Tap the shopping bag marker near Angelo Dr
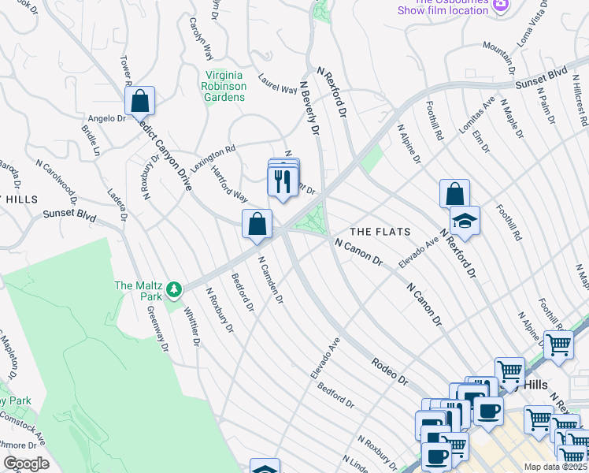tap(139, 101)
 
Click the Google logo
tap(25, 464)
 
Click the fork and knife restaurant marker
tap(281, 182)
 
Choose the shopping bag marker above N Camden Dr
tap(257, 224)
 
